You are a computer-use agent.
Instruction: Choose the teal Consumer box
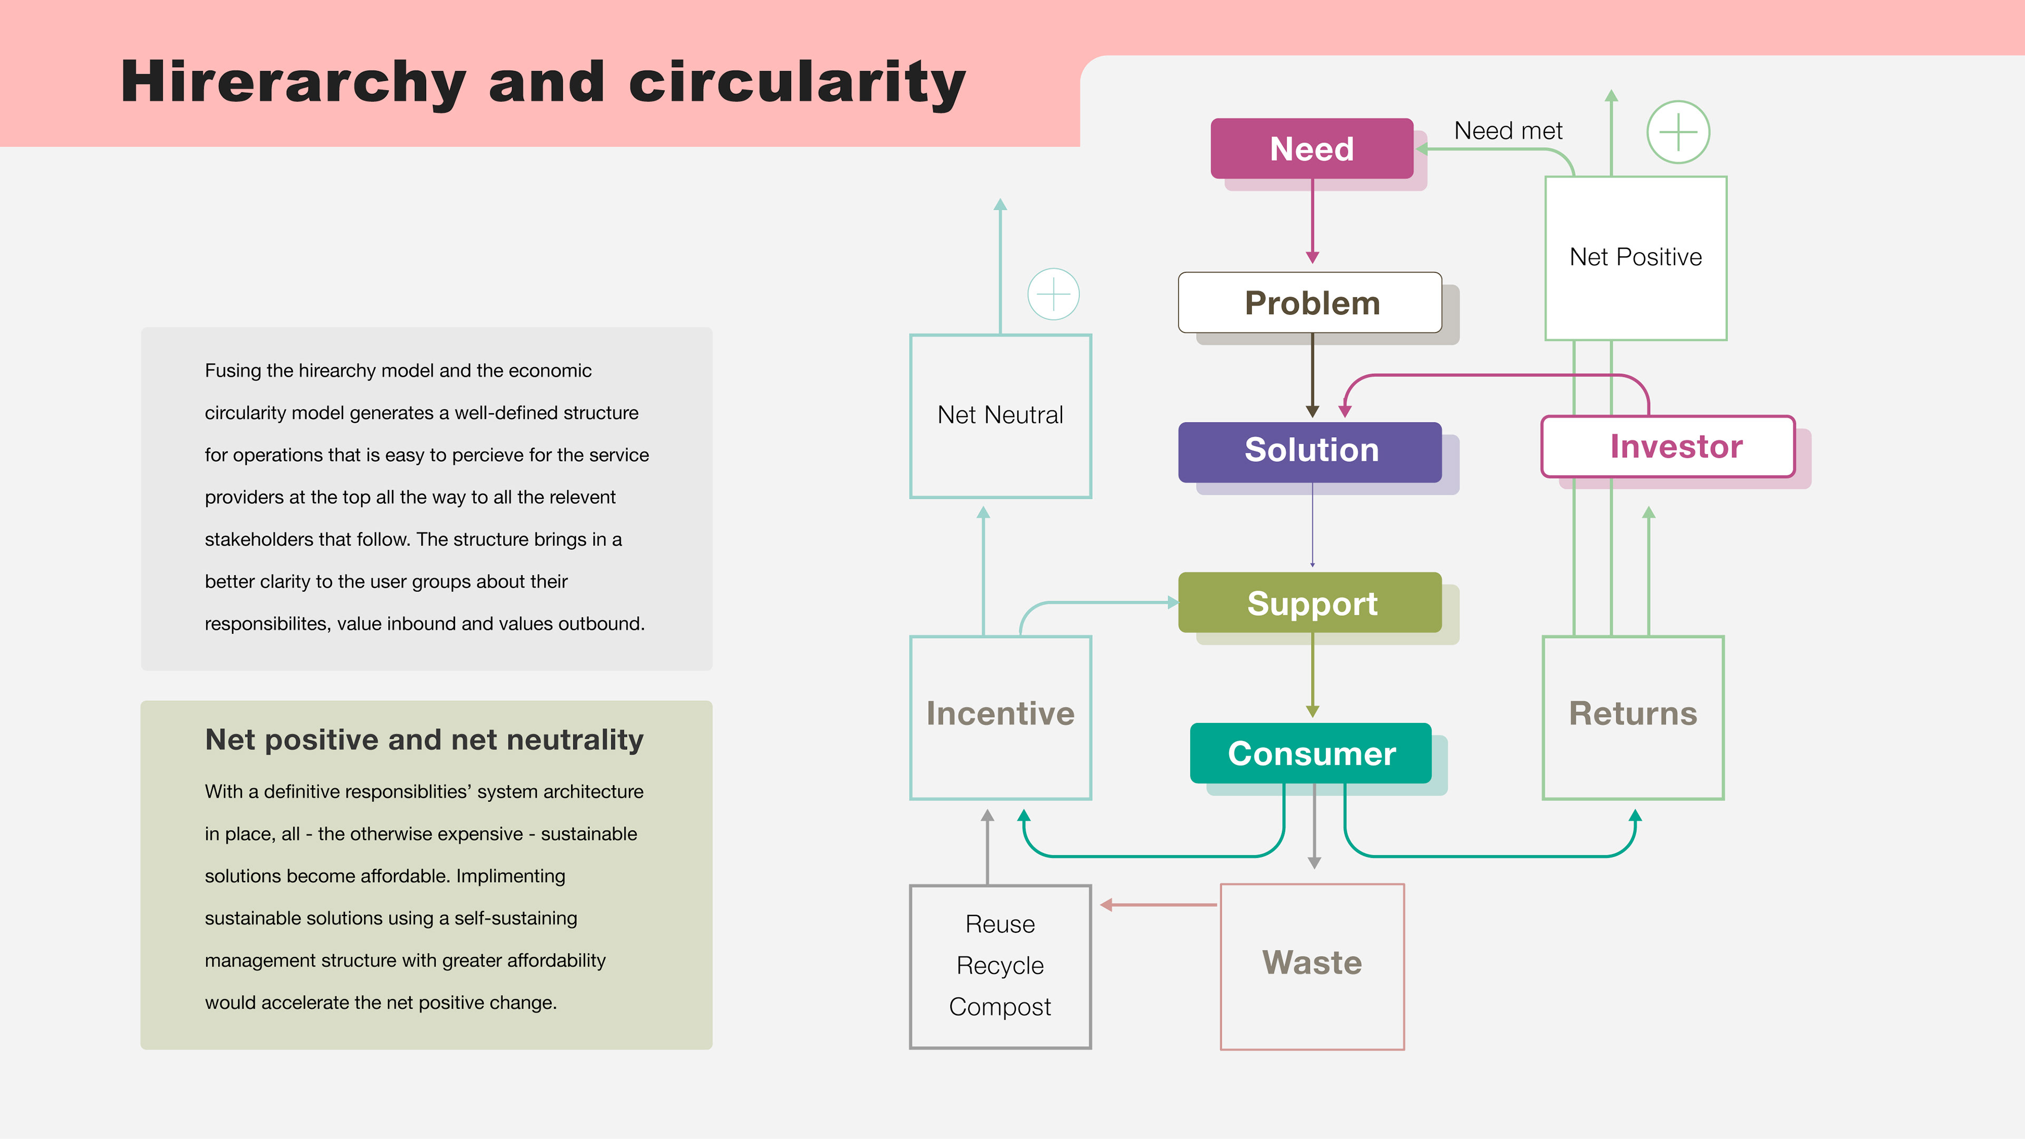(1310, 753)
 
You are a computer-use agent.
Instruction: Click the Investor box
(1668, 447)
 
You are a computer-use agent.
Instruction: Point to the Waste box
(1312, 966)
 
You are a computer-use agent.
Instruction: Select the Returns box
(1633, 718)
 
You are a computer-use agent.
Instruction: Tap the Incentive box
(1000, 718)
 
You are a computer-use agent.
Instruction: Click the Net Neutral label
(1000, 415)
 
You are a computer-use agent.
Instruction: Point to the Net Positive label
(1635, 257)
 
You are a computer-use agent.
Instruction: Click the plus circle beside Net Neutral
(1054, 294)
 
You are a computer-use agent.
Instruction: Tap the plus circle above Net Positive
(1679, 132)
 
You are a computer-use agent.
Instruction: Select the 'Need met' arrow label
(1508, 130)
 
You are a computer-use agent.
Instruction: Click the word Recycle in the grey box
(1000, 966)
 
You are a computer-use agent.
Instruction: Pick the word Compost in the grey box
(1000, 1007)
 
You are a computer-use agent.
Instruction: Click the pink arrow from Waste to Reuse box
(1159, 905)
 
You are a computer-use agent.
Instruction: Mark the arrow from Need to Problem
(1312, 221)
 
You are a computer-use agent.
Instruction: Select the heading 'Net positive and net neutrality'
(425, 740)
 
